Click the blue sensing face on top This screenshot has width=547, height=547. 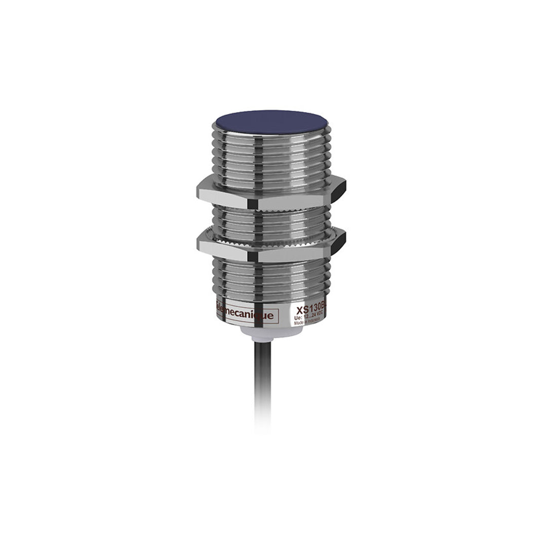(271, 122)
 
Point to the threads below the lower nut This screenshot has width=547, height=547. (271, 279)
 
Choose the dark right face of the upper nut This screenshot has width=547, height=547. (338, 189)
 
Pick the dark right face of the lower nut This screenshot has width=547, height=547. (338, 241)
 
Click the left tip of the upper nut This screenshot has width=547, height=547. (199, 191)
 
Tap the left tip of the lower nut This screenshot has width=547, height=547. (199, 244)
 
